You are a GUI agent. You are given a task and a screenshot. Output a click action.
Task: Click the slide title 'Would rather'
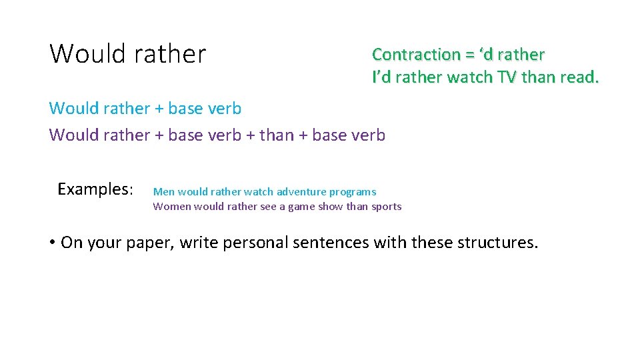(128, 53)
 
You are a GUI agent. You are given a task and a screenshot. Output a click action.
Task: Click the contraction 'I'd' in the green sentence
(381, 77)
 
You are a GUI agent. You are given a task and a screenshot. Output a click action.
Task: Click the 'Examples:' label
(95, 189)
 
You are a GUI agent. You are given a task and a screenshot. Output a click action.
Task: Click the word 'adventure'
(301, 192)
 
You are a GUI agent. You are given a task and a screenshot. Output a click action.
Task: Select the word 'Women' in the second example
(171, 207)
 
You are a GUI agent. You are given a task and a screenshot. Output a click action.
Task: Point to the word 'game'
(301, 207)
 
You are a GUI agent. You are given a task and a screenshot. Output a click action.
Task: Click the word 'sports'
(386, 207)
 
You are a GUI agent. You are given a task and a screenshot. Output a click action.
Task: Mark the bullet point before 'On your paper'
(53, 243)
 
